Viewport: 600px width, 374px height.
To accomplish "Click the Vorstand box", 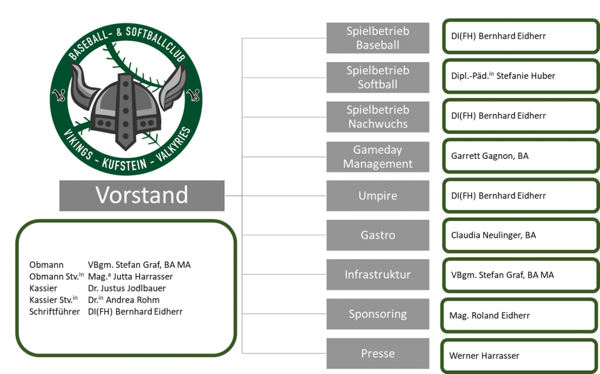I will [x=142, y=195].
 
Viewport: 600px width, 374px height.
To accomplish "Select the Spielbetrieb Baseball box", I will [x=378, y=38].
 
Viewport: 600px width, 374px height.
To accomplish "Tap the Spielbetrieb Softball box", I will [x=378, y=77].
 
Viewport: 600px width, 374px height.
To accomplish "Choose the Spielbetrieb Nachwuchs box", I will [x=378, y=117].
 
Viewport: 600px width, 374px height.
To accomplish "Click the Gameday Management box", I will [x=378, y=157].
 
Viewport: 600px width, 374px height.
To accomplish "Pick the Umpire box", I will [x=378, y=196].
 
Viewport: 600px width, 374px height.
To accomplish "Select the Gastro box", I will [x=378, y=235].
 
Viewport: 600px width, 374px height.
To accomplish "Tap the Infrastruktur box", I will [x=378, y=274].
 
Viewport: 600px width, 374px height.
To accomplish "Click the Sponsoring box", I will [x=378, y=314].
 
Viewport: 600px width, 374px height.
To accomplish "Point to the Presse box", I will [x=378, y=353].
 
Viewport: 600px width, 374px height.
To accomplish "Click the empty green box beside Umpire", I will [x=520, y=195].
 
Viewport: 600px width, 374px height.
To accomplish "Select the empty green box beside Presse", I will [x=519, y=355].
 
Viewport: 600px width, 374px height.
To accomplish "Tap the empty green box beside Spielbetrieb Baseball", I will [x=520, y=36].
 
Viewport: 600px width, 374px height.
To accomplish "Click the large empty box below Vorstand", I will [x=126, y=288].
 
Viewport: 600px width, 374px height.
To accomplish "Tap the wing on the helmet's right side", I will [x=173, y=88].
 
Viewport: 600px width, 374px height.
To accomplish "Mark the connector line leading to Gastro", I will [x=284, y=235].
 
